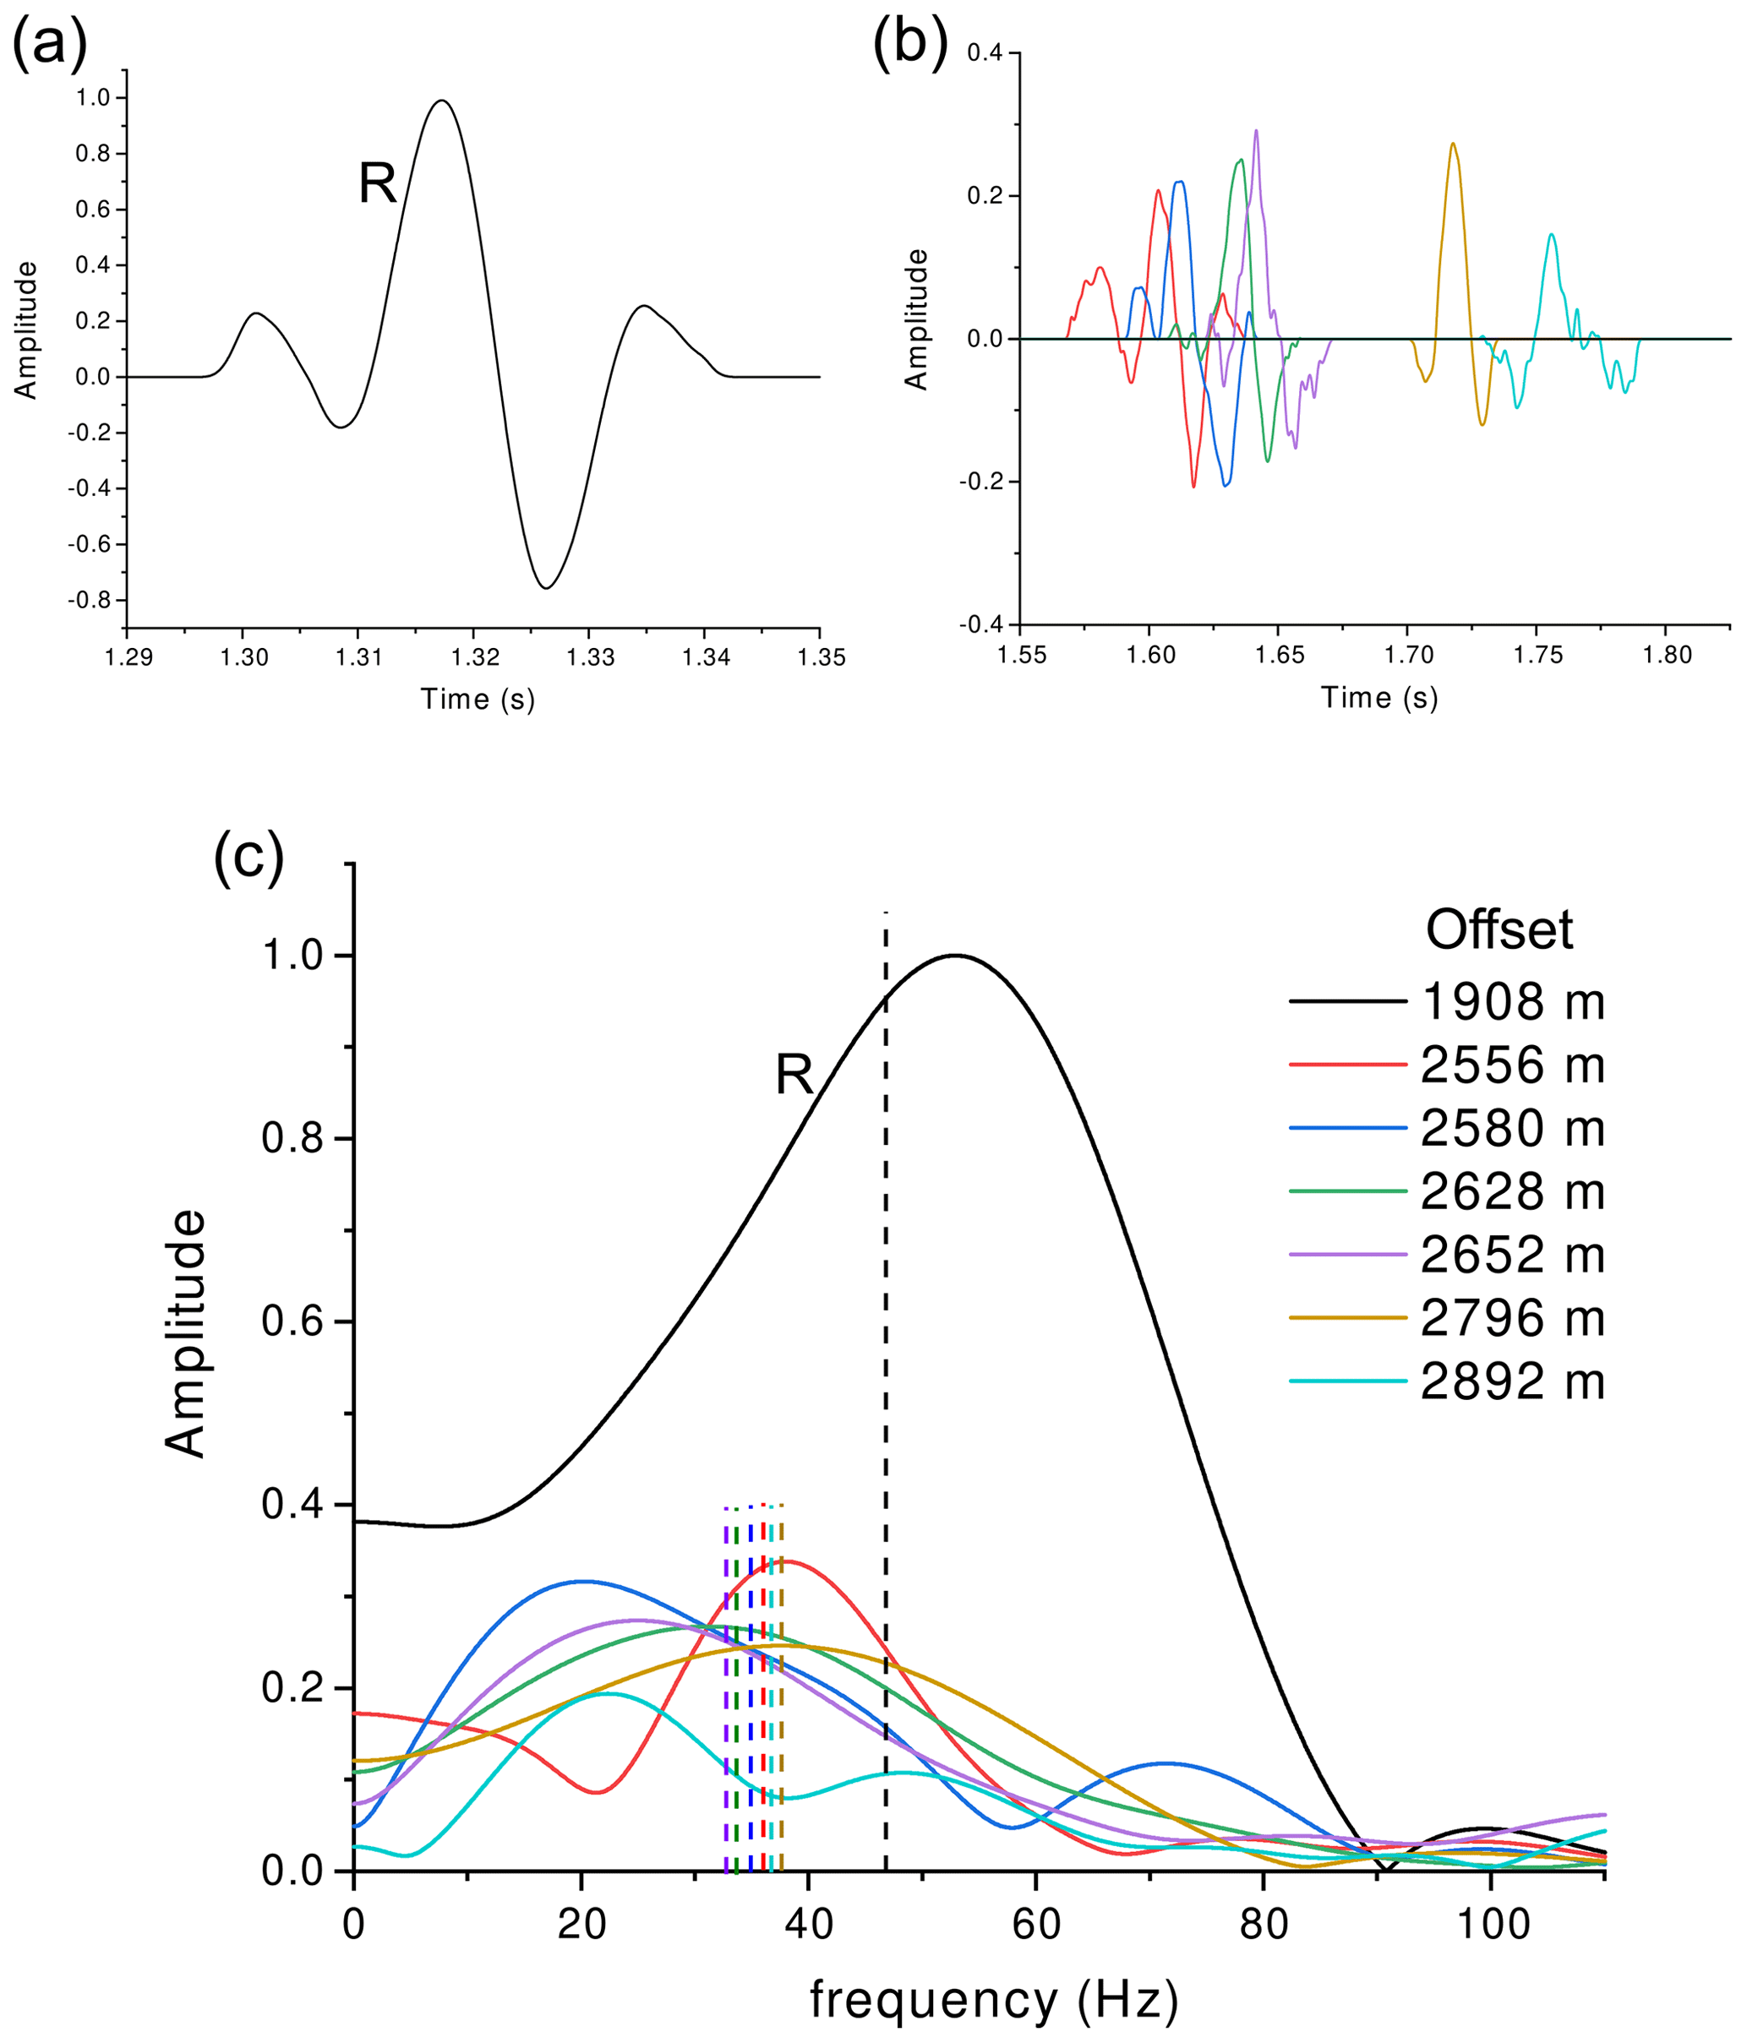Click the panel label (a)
(x=48, y=45)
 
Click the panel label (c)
(x=248, y=858)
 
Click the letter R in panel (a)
(x=377, y=183)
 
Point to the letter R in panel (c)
(x=794, y=1075)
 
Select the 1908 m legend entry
(x=1512, y=1002)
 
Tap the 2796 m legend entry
(x=1512, y=1317)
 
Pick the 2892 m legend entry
(x=1512, y=1381)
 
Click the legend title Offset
(x=1499, y=929)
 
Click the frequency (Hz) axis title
(x=994, y=2001)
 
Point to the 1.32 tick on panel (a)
(x=473, y=657)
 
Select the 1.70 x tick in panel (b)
(x=1408, y=656)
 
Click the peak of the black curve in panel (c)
(x=954, y=955)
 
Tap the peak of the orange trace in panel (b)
(x=1452, y=144)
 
